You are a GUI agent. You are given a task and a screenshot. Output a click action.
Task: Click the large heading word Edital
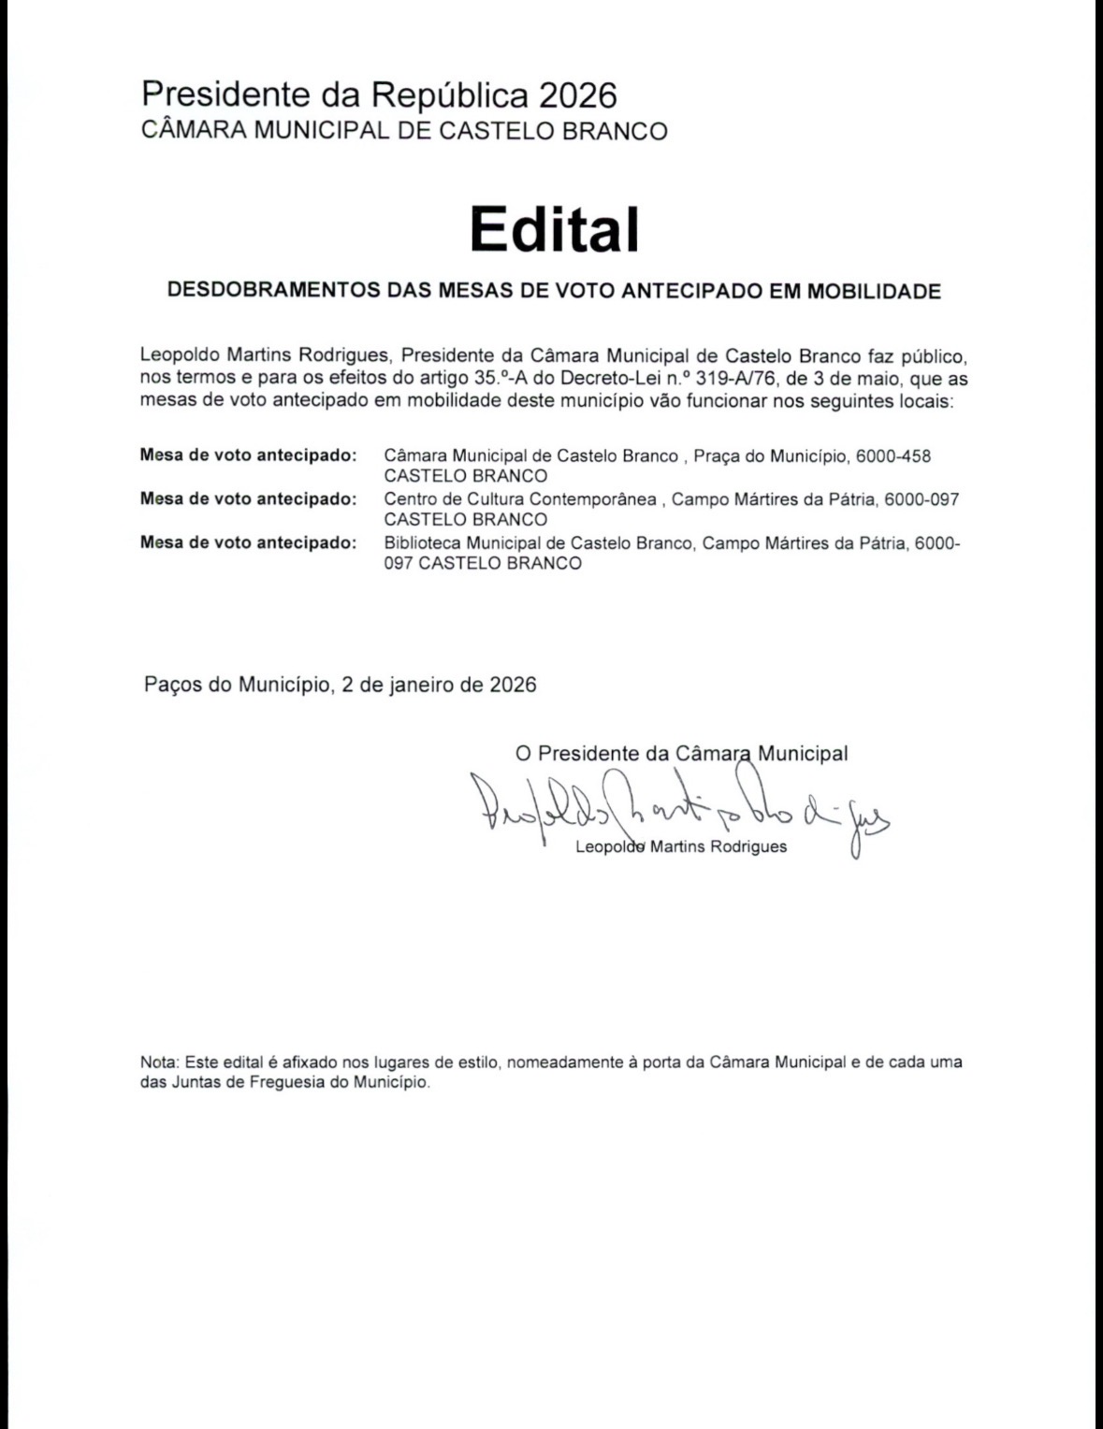click(x=554, y=229)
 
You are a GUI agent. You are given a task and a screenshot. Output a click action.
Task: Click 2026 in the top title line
click(x=577, y=94)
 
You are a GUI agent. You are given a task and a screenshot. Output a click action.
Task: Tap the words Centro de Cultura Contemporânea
click(x=520, y=499)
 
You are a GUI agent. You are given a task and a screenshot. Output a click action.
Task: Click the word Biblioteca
click(x=423, y=543)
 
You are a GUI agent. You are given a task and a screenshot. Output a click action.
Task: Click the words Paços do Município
click(x=236, y=685)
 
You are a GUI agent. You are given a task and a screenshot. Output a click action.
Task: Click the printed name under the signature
click(x=681, y=847)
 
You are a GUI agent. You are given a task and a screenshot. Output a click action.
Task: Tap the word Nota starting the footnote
click(x=158, y=1062)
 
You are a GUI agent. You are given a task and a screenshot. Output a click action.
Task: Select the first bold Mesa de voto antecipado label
click(x=248, y=456)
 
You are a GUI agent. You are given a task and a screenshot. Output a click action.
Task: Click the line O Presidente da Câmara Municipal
click(x=681, y=753)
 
